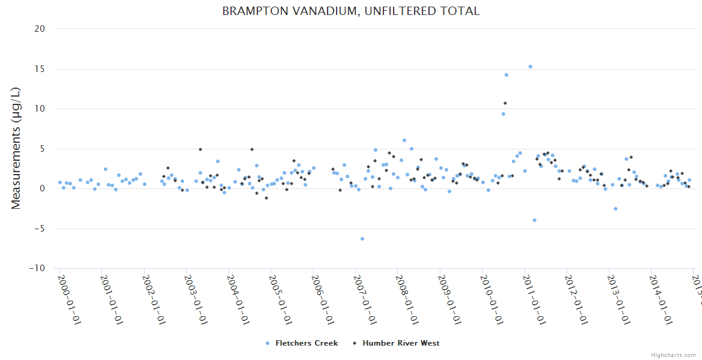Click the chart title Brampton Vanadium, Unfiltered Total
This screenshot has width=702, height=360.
point(351,11)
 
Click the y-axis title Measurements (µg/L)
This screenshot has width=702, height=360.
point(16,148)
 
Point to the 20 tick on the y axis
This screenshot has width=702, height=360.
point(40,29)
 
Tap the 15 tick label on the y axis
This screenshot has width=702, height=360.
point(40,68)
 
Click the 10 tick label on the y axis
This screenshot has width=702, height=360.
point(40,109)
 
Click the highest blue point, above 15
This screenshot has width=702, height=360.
point(530,67)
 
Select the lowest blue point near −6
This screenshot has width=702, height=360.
point(362,239)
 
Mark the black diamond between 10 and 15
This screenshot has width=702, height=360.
point(505,103)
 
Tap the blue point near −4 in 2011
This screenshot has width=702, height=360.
point(535,220)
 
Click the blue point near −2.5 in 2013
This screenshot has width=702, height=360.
point(616,209)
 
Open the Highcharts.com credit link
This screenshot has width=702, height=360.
point(673,355)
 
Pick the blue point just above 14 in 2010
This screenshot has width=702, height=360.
point(506,75)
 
